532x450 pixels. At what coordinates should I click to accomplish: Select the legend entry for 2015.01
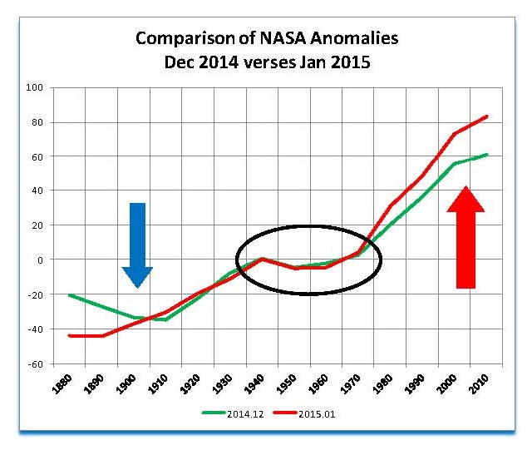click(319, 412)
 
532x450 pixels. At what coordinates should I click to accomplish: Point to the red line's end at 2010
click(487, 116)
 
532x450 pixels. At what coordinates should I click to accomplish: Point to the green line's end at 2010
click(487, 154)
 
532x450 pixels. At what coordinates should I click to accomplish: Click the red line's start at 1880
click(71, 335)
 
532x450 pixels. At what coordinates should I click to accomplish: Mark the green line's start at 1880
click(71, 294)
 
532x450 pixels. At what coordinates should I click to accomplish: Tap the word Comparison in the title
click(175, 39)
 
